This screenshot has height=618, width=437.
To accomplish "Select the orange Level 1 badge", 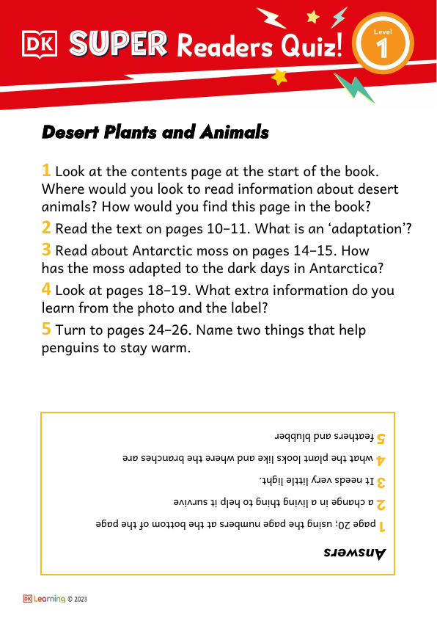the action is (x=381, y=46).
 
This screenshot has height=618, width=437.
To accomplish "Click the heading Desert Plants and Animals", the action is (x=155, y=133).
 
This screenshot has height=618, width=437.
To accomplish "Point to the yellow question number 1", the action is (x=46, y=171).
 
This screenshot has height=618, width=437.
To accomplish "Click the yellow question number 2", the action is (x=46, y=228).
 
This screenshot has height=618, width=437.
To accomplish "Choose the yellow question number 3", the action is (x=46, y=250).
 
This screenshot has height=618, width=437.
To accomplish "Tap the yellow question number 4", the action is (x=46, y=290).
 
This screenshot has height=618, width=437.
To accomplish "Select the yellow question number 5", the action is (x=46, y=330).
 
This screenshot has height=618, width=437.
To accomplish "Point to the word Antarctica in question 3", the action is (x=350, y=266).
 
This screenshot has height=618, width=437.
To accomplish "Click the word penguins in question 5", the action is (x=70, y=348).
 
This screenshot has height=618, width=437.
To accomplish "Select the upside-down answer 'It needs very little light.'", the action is (x=316, y=481).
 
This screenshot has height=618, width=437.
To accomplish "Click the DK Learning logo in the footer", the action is (x=44, y=599).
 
